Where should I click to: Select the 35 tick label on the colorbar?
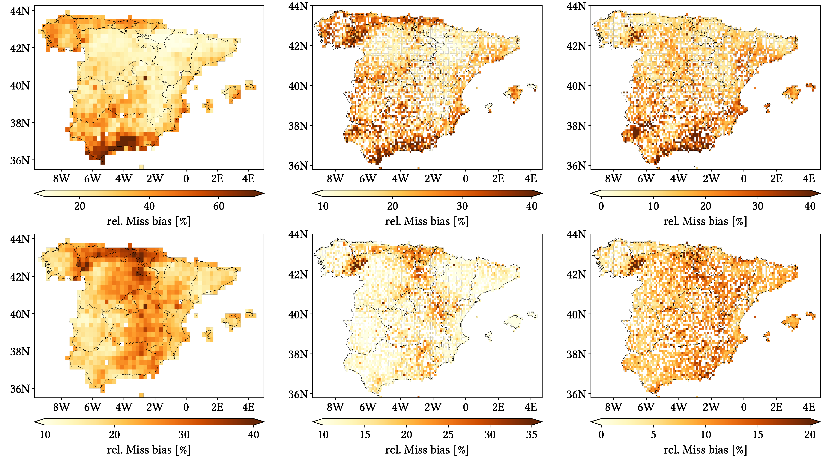click(x=531, y=435)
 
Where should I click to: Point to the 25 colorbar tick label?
click(x=448, y=435)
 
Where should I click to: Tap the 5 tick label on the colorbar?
click(x=653, y=435)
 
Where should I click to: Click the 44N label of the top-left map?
click(x=20, y=11)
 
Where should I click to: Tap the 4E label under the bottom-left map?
click(x=248, y=407)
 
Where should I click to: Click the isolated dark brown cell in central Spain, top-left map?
click(x=145, y=78)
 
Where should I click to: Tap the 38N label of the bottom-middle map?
click(x=298, y=354)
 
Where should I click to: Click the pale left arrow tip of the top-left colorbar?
click(x=36, y=193)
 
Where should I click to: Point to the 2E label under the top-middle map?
click(x=498, y=179)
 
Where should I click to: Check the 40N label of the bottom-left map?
click(x=20, y=314)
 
